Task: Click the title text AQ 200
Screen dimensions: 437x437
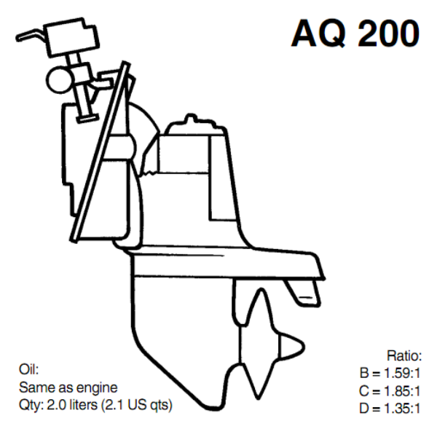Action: pyautogui.click(x=355, y=33)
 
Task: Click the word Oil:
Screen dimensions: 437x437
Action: pyautogui.click(x=28, y=369)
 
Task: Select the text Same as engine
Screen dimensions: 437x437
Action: pyautogui.click(x=68, y=387)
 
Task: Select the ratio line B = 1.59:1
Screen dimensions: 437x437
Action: pyautogui.click(x=391, y=374)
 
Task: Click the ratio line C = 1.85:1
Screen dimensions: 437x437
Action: pyautogui.click(x=391, y=391)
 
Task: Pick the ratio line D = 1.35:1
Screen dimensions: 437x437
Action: pyautogui.click(x=391, y=409)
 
